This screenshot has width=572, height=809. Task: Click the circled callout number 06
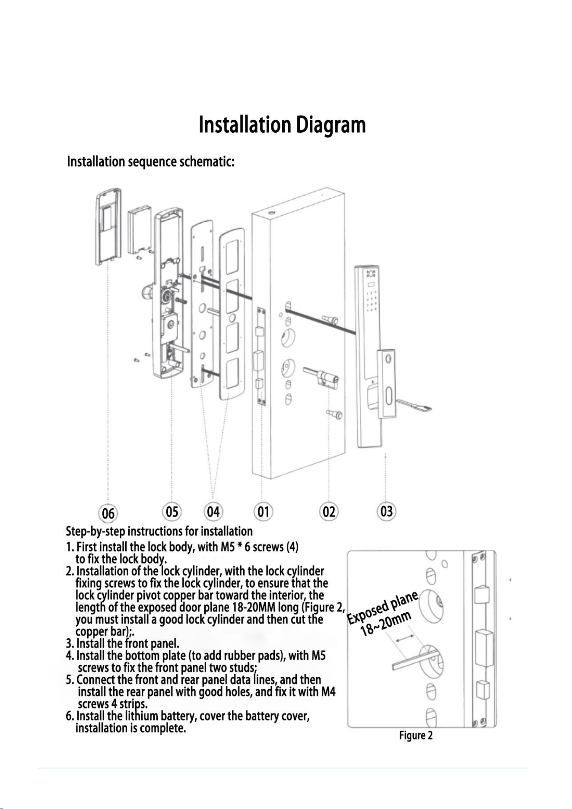tap(108, 513)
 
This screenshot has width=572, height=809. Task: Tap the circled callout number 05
tap(172, 512)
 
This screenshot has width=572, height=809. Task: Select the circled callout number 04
tap(213, 512)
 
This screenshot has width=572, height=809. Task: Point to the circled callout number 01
tap(264, 512)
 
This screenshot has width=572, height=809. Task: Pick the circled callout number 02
tap(329, 512)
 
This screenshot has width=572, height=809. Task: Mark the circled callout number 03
tap(387, 511)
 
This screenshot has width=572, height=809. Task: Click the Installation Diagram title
tap(282, 124)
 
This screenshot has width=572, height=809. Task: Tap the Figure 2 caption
tap(416, 735)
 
